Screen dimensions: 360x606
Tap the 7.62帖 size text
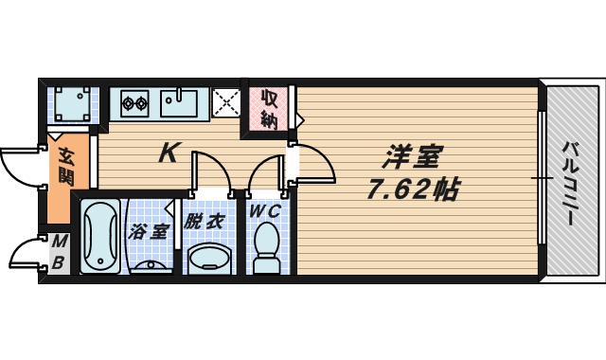coord(413,189)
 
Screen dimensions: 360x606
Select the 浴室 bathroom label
coord(150,230)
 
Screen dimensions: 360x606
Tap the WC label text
coord(265,212)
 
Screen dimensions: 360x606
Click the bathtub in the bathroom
coord(98,237)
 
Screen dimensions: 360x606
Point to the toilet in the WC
coord(266,248)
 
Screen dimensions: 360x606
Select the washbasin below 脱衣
coord(208,257)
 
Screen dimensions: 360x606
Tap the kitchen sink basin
coord(181,100)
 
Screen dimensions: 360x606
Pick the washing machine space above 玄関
coord(71,101)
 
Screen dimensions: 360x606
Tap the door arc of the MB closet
coord(23,253)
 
